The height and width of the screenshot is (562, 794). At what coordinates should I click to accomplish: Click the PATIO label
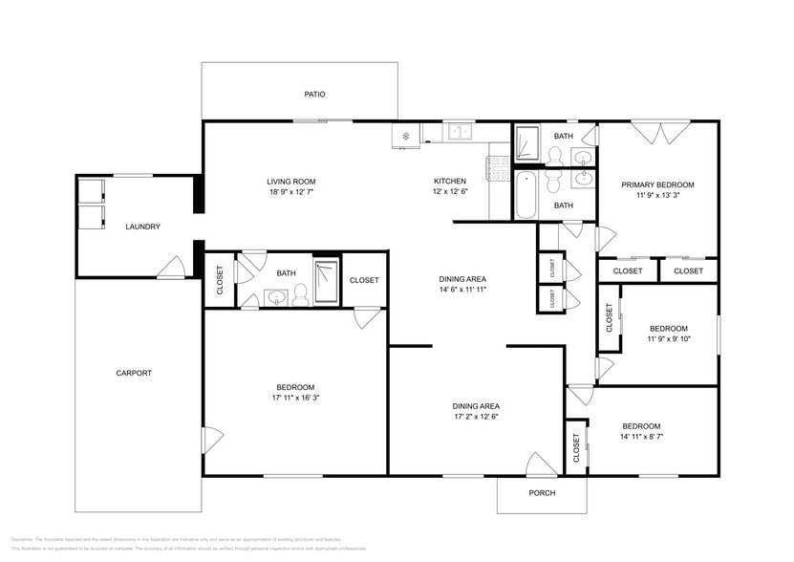314,95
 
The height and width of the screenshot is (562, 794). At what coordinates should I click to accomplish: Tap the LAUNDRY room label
142,227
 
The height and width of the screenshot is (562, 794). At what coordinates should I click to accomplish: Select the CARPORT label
134,373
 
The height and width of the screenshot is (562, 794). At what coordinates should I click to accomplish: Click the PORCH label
542,493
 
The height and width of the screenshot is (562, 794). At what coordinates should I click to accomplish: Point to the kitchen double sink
460,131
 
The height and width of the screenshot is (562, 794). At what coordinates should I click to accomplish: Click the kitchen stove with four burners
499,168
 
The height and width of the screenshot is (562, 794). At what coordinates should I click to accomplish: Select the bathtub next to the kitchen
526,195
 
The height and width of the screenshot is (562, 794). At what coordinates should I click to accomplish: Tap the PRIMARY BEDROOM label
657,184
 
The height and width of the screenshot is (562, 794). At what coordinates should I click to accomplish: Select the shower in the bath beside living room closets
326,282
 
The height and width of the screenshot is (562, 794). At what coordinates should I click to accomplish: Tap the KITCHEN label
450,181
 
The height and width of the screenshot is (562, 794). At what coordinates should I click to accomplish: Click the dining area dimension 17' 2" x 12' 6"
476,417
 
